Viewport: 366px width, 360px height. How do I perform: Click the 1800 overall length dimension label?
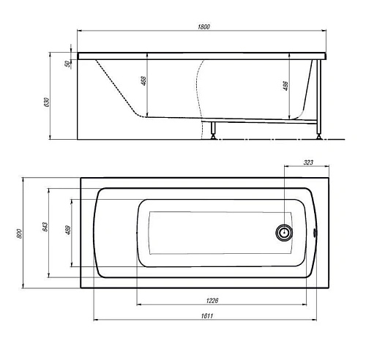pyautogui.click(x=203, y=26)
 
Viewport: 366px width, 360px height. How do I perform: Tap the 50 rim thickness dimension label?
pyautogui.click(x=67, y=64)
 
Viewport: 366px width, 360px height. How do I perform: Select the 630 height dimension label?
pyautogui.click(x=47, y=102)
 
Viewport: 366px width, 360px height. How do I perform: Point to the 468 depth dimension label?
pyautogui.click(x=143, y=80)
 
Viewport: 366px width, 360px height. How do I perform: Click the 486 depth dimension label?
pyautogui.click(x=285, y=86)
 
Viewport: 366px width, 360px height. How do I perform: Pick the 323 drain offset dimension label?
pyautogui.click(x=308, y=162)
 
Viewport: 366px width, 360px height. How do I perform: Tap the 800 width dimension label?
pyautogui.click(x=20, y=233)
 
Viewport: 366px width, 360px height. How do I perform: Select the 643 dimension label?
pyautogui.click(x=45, y=227)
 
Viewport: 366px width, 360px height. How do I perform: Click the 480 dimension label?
pyautogui.click(x=68, y=230)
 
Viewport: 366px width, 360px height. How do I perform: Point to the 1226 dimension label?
pyautogui.click(x=212, y=301)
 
